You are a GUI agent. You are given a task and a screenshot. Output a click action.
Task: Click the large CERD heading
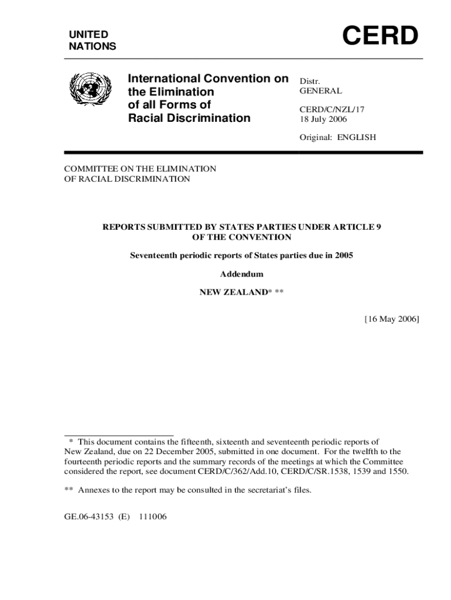pyautogui.click(x=380, y=36)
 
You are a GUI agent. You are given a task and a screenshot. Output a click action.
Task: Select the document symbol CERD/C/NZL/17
pyautogui.click(x=327, y=109)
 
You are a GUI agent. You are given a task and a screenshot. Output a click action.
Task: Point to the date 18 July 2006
pyautogui.click(x=323, y=119)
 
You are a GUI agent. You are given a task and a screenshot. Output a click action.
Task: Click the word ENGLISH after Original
pyautogui.click(x=356, y=138)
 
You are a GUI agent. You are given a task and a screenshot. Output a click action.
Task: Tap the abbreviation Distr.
pyautogui.click(x=310, y=81)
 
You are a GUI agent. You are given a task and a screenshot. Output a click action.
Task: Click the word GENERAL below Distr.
pyautogui.click(x=321, y=91)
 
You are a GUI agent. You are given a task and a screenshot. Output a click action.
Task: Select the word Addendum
pyautogui.click(x=241, y=274)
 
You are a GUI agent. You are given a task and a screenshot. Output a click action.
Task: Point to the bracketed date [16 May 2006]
pyautogui.click(x=391, y=319)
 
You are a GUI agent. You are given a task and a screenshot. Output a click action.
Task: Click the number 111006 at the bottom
pyautogui.click(x=153, y=517)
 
